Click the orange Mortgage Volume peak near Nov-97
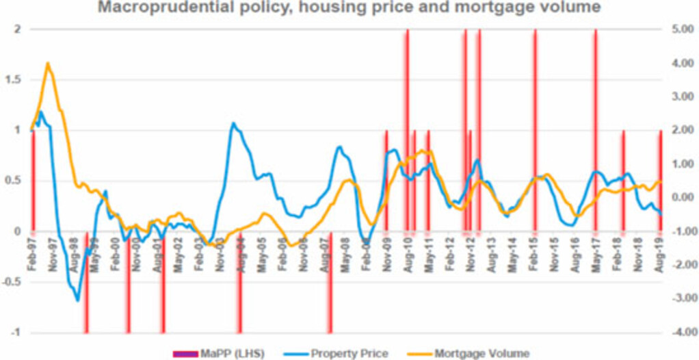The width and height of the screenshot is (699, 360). pyautogui.click(x=47, y=63)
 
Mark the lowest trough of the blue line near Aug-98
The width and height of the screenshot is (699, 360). pyautogui.click(x=78, y=300)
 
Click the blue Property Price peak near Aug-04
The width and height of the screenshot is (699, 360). pyautogui.click(x=233, y=124)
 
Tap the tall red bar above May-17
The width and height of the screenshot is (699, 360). pyautogui.click(x=596, y=103)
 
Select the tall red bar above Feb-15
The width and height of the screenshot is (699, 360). pyautogui.click(x=535, y=103)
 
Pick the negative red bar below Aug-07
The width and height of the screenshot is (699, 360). pyautogui.click(x=330, y=287)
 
